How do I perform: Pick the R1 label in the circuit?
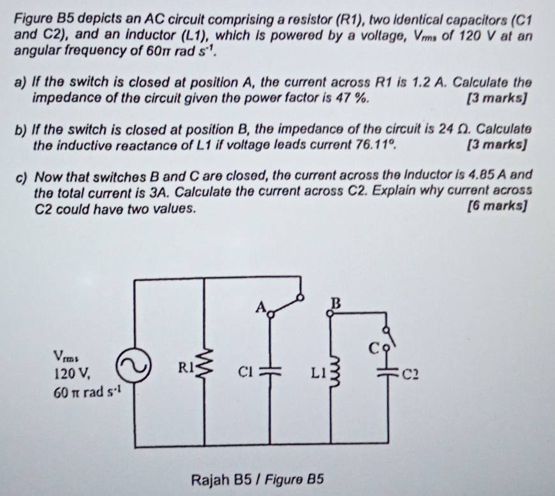pos(185,367)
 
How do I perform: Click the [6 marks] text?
pos(498,205)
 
